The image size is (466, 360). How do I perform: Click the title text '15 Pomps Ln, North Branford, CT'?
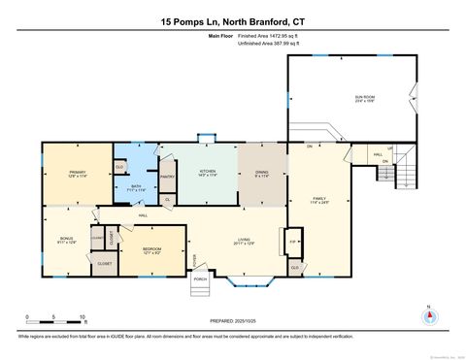pyautogui.click(x=233, y=21)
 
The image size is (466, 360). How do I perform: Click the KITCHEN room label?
pyautogui.click(x=208, y=172)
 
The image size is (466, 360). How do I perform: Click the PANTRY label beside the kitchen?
pyautogui.click(x=167, y=177)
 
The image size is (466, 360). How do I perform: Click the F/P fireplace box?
pyautogui.click(x=292, y=241)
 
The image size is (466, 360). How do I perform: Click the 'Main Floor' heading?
pyautogui.click(x=222, y=36)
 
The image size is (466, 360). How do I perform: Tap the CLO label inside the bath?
pyautogui.click(x=119, y=167)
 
